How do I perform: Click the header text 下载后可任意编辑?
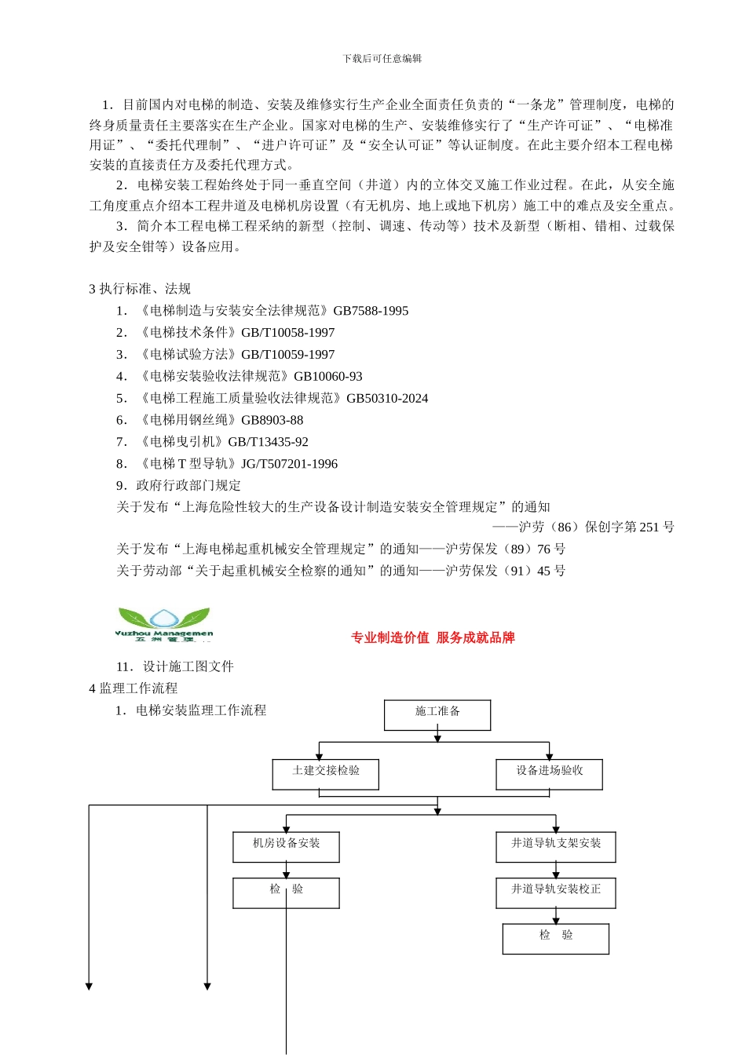coord(382,59)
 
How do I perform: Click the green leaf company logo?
coord(164,623)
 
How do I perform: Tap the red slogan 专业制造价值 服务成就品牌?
coord(433,637)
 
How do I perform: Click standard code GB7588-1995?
coord(371,311)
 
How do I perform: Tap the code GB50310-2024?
coord(387,399)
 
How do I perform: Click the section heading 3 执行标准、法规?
coord(140,289)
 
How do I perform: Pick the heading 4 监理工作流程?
coord(133,688)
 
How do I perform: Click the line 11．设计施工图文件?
coord(175,666)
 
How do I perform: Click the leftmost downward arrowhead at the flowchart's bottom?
coord(89,986)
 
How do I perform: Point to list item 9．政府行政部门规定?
coord(179,486)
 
